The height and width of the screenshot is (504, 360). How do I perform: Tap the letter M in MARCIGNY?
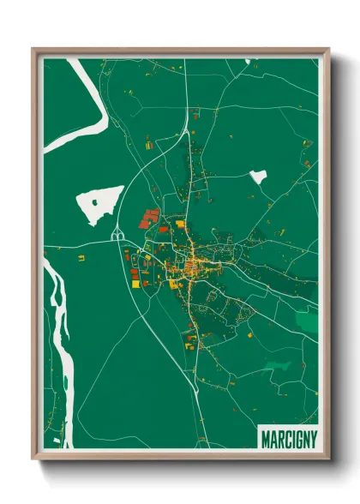[x=265, y=440]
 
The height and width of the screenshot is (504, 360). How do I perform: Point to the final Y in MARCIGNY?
[x=312, y=440]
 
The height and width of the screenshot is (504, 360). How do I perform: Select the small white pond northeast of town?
[x=258, y=177]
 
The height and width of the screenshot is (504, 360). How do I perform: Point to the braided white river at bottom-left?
[x=60, y=343]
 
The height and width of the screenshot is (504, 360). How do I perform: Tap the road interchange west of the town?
[x=117, y=235]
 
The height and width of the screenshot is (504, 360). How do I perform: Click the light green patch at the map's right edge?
[x=308, y=321]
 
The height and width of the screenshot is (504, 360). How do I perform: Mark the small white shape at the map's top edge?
[x=250, y=61]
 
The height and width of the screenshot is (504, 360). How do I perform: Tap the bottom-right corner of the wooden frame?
[x=328, y=459]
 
